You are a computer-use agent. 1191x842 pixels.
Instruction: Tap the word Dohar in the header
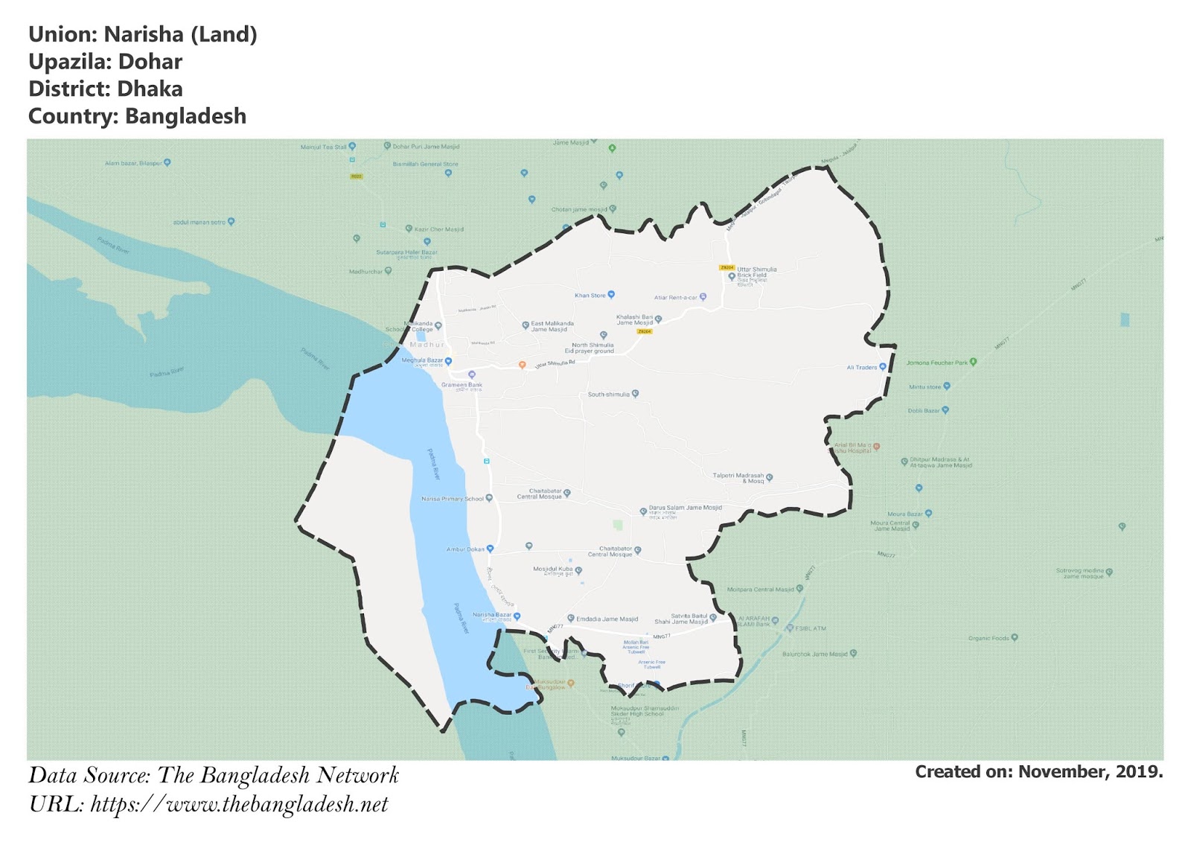[150, 62]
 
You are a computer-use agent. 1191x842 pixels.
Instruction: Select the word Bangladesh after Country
[185, 116]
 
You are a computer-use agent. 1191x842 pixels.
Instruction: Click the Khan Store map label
[590, 296]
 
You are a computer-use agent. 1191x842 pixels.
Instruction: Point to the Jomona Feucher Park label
[936, 363]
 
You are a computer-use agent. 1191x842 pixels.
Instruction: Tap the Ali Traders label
[861, 367]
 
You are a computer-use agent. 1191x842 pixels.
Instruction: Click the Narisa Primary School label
[452, 499]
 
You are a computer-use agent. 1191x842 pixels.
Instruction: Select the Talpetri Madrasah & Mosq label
[738, 478]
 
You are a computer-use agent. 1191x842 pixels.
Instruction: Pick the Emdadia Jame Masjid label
[607, 619]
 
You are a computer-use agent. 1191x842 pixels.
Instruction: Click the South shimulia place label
[608, 394]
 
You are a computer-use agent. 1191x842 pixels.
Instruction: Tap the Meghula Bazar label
[422, 360]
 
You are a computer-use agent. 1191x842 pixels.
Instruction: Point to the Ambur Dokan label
[465, 549]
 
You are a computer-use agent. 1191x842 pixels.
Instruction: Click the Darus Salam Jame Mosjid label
[685, 508]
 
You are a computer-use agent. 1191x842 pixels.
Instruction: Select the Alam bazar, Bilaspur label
[133, 163]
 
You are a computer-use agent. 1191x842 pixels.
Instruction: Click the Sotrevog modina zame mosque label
[1079, 573]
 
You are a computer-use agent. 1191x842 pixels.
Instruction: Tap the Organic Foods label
[989, 638]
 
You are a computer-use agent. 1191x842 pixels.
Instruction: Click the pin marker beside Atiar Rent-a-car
[703, 297]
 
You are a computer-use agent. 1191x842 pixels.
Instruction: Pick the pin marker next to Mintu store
[947, 386]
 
